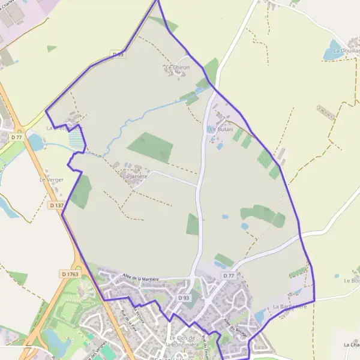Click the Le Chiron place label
177,68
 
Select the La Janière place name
135,176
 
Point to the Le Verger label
51,179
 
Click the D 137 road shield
56,205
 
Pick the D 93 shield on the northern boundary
118,54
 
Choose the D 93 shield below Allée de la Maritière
184,298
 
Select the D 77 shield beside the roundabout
16,137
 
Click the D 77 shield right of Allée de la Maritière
228,275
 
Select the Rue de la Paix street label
127,322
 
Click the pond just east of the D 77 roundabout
35,143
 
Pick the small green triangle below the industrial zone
52,48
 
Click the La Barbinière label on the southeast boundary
290,307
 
